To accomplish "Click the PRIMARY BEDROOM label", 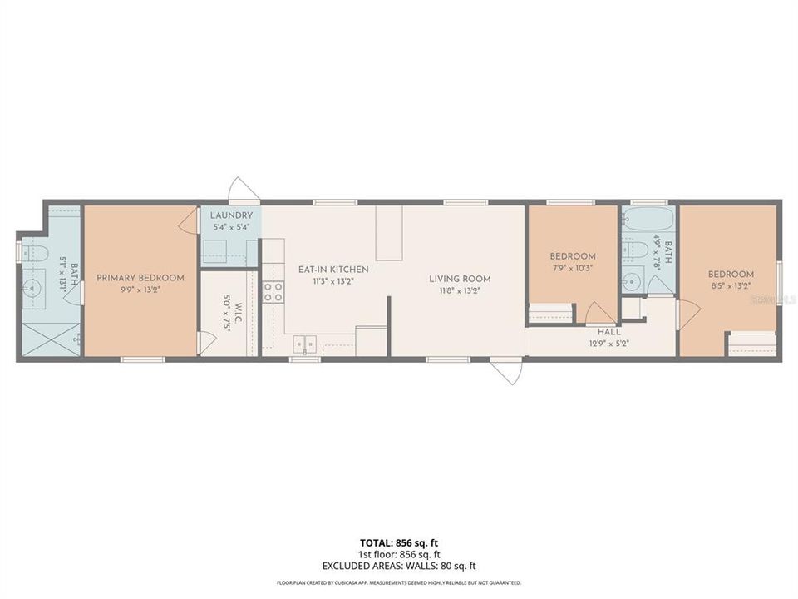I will point(140,278).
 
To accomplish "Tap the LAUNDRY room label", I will point(230,215).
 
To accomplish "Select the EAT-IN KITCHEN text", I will point(333,270).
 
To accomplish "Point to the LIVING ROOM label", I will point(460,279).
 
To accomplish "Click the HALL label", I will point(609,331).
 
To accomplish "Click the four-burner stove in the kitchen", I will point(273,291).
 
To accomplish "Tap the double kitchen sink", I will point(303,342).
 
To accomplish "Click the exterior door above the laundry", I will point(245,190).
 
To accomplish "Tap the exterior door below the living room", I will point(507,371).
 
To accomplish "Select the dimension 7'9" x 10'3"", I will point(573,268).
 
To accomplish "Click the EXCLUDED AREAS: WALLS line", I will point(399,566).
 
